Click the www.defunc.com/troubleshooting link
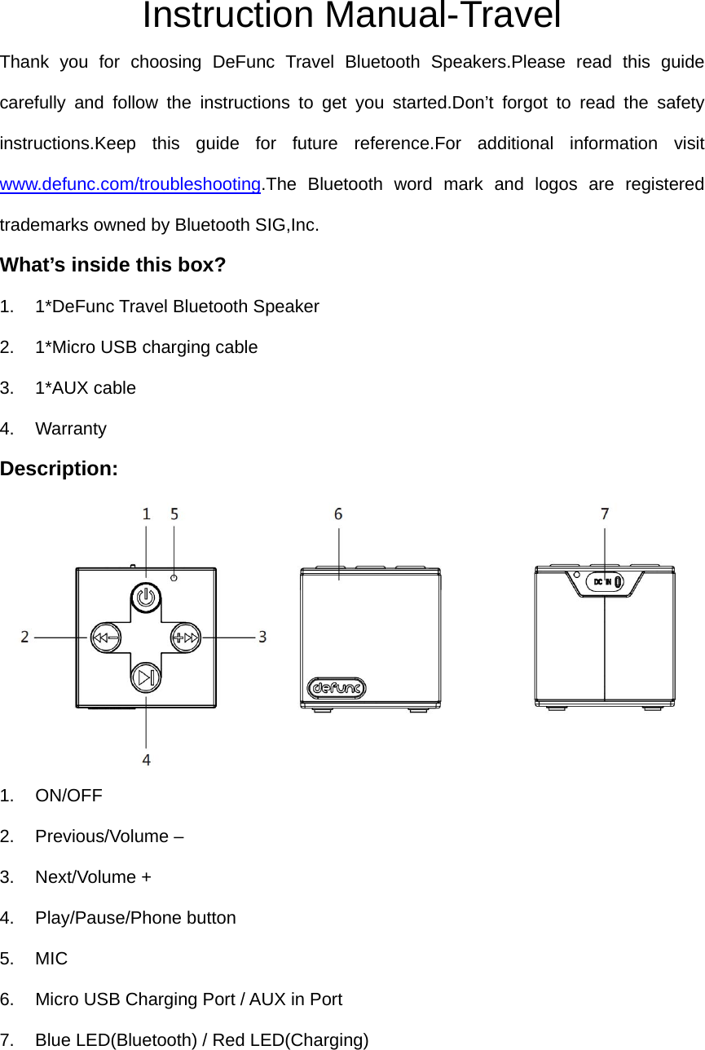[x=130, y=184]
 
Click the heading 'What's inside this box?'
[x=113, y=265]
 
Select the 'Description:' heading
[x=59, y=469]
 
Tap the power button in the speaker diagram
[x=146, y=598]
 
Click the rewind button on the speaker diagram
[x=104, y=637]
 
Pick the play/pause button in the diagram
[x=146, y=677]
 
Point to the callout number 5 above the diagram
[x=174, y=514]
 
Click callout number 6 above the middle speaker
[x=338, y=514]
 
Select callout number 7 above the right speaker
[x=605, y=514]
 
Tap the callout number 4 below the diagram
[x=147, y=760]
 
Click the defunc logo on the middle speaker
[x=337, y=688]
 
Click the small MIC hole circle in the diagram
[x=174, y=578]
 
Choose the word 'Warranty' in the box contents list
[x=71, y=429]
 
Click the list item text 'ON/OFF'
[x=69, y=796]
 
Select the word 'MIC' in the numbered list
[x=51, y=959]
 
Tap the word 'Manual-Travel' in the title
[x=443, y=16]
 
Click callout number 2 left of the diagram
[x=25, y=637]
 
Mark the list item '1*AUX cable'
[x=86, y=388]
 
